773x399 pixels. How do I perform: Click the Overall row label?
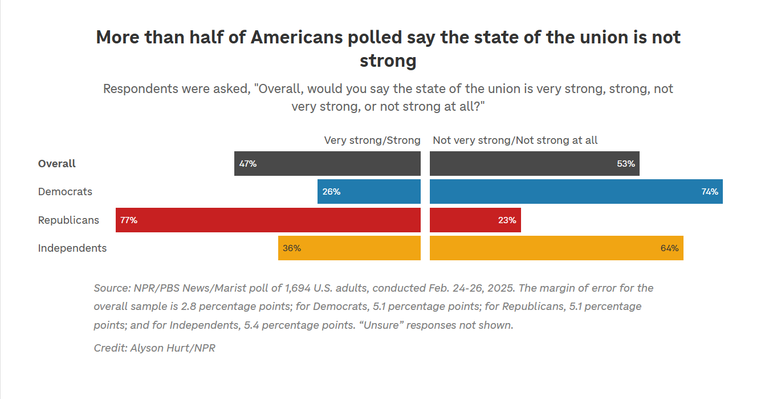pyautogui.click(x=57, y=164)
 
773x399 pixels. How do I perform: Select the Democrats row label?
pyautogui.click(x=65, y=192)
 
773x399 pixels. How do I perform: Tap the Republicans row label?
pyautogui.click(x=68, y=220)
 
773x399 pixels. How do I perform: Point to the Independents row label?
pyautogui.click(x=72, y=248)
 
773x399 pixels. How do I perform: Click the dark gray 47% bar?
pyautogui.click(x=327, y=164)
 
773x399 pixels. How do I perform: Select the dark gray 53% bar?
pyautogui.click(x=534, y=164)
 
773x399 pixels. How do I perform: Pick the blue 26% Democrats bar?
pyautogui.click(x=369, y=192)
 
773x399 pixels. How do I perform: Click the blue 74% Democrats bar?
pyautogui.click(x=576, y=192)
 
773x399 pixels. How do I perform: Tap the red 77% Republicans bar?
pyautogui.click(x=268, y=220)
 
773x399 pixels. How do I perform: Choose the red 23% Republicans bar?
pyautogui.click(x=475, y=220)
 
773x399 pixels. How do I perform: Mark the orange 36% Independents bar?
pyautogui.click(x=349, y=248)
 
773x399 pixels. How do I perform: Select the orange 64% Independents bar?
pyautogui.click(x=556, y=248)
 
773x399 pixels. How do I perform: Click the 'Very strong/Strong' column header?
pyautogui.click(x=372, y=140)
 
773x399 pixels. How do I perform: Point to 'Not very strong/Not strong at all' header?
pyautogui.click(x=515, y=140)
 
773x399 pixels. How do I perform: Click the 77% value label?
pyautogui.click(x=129, y=220)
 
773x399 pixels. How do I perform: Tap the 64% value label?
pyautogui.click(x=669, y=248)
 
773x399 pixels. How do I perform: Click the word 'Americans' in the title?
pyautogui.click(x=296, y=38)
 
